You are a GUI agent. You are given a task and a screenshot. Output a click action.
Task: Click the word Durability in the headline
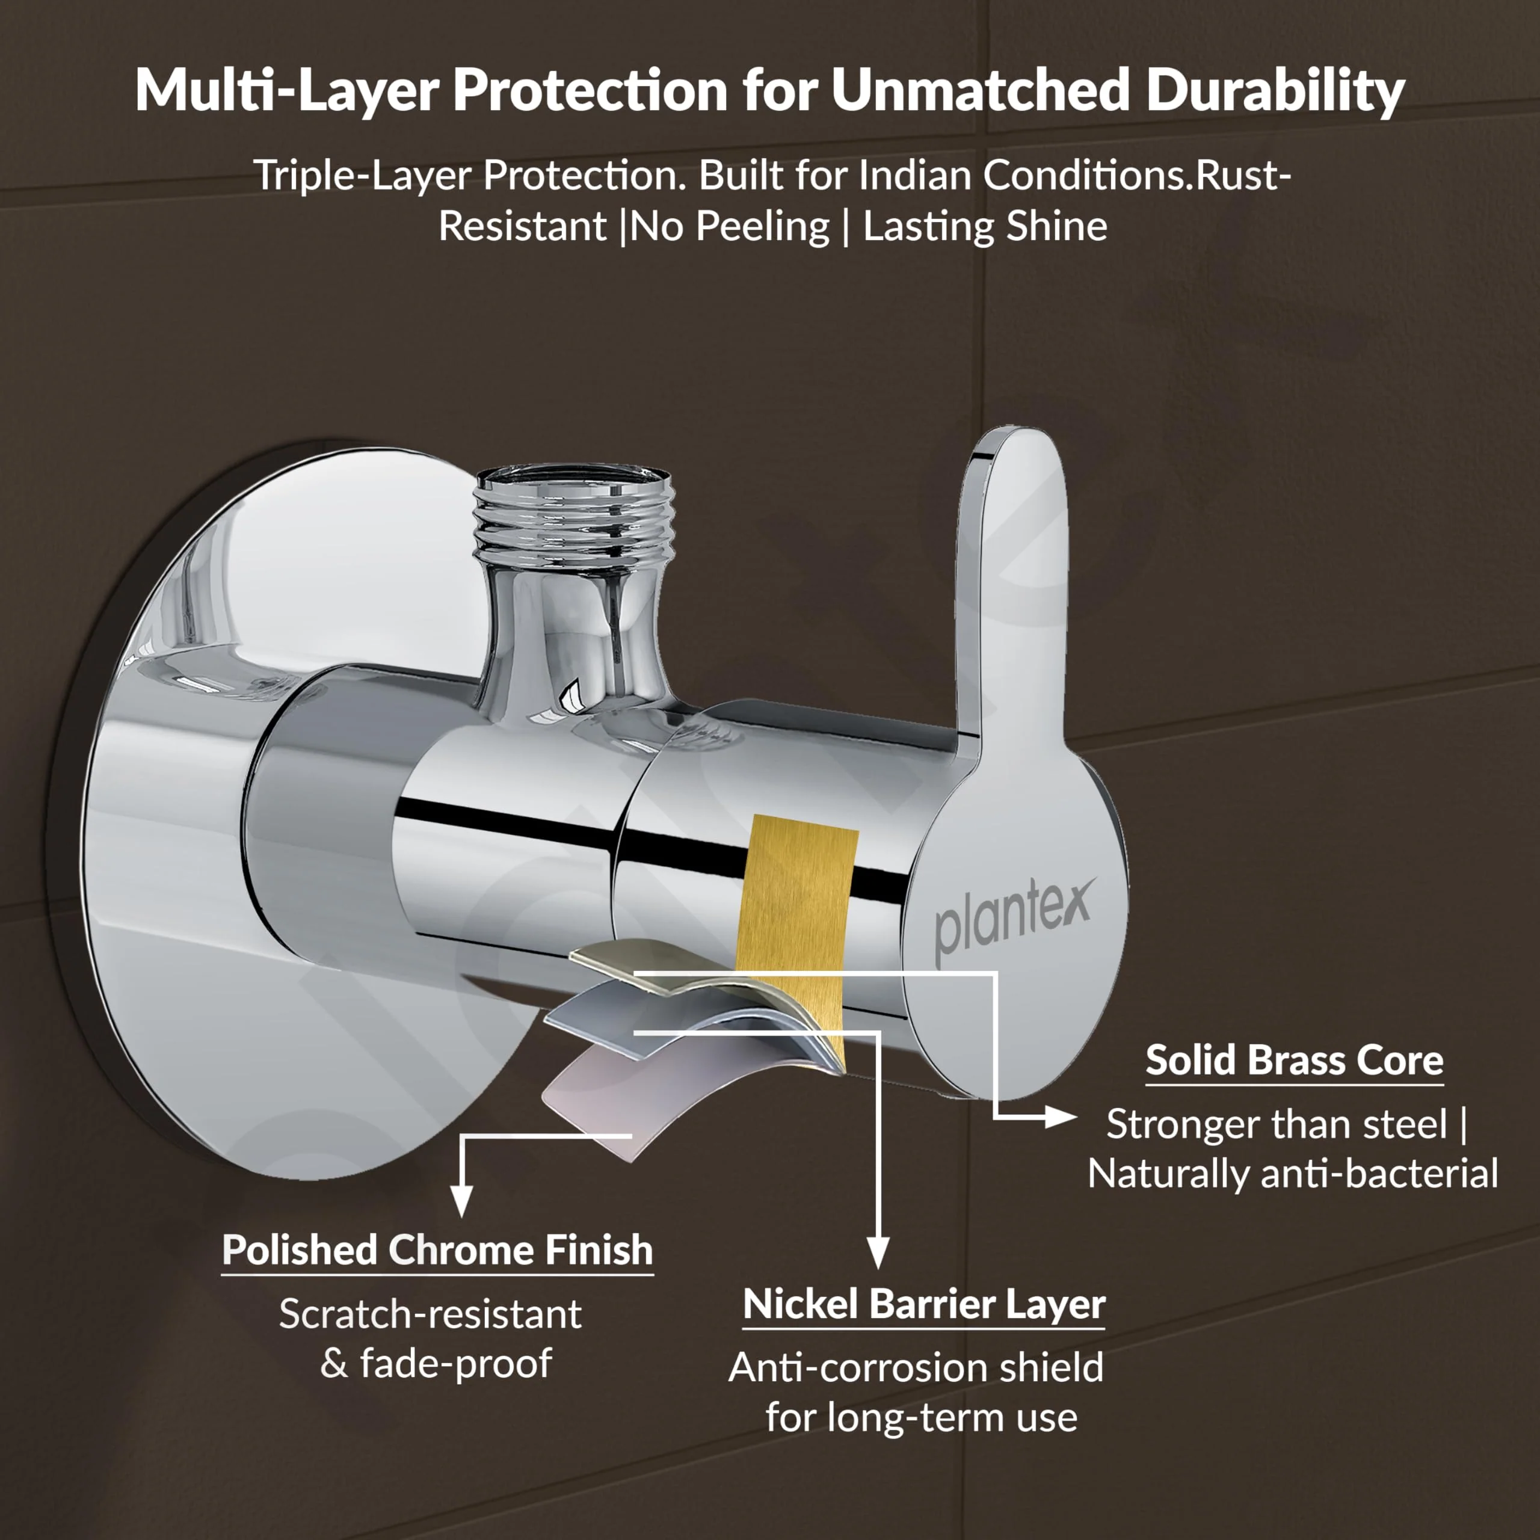tap(1275, 90)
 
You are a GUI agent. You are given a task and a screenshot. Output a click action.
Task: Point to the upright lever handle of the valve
tap(1011, 574)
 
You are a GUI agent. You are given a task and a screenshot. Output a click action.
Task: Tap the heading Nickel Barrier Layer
tap(923, 1304)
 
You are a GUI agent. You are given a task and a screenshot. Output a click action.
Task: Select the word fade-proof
tap(455, 1363)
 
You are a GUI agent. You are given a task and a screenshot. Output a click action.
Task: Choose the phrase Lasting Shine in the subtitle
tap(985, 227)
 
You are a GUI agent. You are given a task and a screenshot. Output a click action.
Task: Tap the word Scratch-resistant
tap(431, 1314)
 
